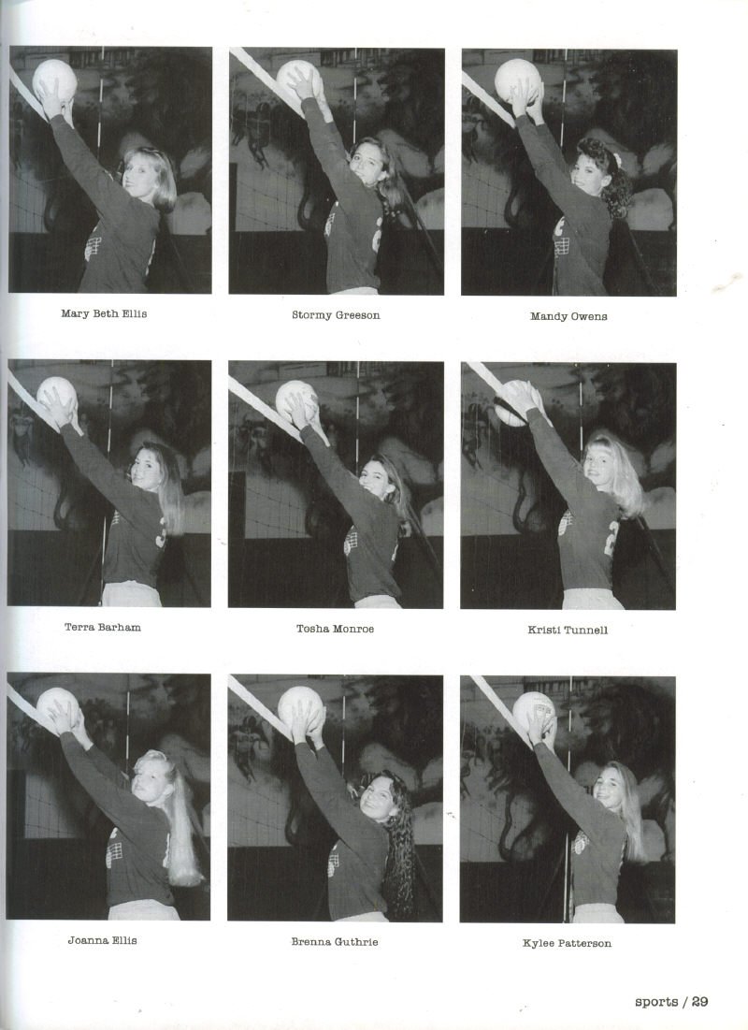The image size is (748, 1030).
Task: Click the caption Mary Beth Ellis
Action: pos(104,313)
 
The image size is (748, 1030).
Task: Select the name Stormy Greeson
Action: pos(336,315)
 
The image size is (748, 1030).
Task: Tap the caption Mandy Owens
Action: pos(568,316)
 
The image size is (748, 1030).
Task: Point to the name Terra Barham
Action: pos(103,628)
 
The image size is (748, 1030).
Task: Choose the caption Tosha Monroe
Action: pos(335,629)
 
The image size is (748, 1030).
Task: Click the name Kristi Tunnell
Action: pos(568,630)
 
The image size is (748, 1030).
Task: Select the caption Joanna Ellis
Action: pos(103,940)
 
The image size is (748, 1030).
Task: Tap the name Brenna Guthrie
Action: pos(335,941)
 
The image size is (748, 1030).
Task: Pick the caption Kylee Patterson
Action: pos(567,943)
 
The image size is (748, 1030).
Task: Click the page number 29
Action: pos(700,1001)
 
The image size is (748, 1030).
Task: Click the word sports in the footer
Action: pos(656,1002)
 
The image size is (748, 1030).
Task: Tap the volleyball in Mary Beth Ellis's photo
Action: pos(54,80)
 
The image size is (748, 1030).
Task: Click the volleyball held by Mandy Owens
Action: pos(517,80)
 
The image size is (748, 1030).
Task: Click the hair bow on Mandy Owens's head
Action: pos(617,160)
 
